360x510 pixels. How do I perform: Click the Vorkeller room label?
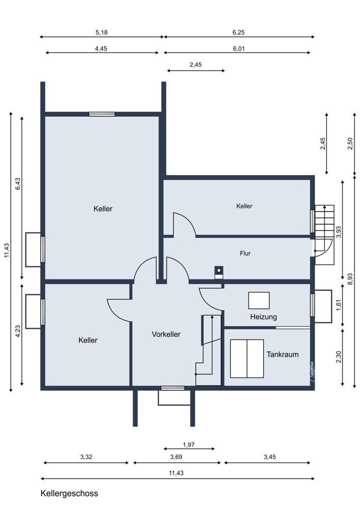click(x=166, y=334)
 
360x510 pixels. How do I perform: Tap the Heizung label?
click(x=264, y=317)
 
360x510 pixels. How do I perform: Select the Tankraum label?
click(x=282, y=354)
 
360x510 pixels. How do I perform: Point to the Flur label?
click(x=245, y=253)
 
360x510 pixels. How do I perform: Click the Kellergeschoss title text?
click(x=69, y=493)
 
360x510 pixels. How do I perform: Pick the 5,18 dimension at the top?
click(x=101, y=33)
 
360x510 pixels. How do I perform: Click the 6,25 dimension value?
click(x=238, y=33)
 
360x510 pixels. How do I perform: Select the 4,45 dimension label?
click(x=101, y=49)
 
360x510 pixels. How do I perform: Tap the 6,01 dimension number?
click(x=238, y=49)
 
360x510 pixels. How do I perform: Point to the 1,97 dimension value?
click(x=189, y=445)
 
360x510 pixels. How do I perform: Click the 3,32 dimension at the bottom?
click(x=86, y=457)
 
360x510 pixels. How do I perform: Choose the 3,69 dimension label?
click(x=176, y=457)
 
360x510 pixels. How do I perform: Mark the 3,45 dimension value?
click(x=270, y=457)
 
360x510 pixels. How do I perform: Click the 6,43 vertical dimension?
click(x=18, y=184)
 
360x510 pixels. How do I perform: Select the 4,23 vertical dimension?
click(x=18, y=331)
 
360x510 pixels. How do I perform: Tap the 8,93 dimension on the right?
click(x=350, y=279)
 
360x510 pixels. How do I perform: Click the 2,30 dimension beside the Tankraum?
click(x=339, y=357)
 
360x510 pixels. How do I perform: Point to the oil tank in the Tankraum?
click(x=247, y=359)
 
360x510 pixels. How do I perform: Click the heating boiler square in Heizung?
click(x=259, y=300)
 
